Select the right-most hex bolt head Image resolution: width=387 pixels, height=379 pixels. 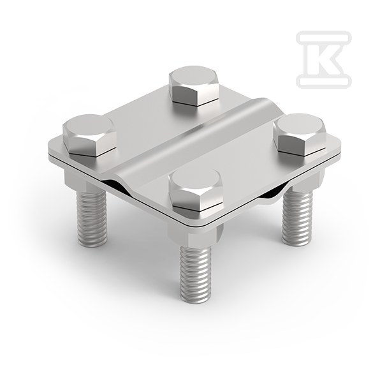(x=299, y=134)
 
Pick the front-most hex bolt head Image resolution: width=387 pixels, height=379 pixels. (x=195, y=189)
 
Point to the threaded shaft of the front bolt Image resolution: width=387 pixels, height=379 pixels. (x=196, y=275)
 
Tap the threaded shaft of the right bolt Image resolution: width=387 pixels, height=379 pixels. (x=297, y=215)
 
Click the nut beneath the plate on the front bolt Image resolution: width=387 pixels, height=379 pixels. (x=195, y=235)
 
